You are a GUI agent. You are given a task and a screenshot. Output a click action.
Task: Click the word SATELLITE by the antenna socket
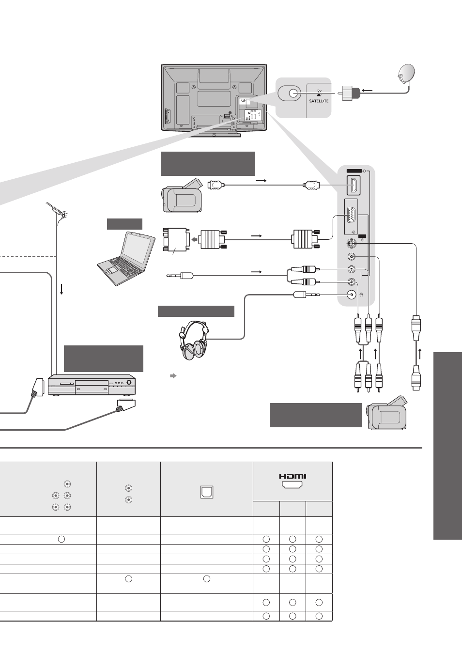click(319, 101)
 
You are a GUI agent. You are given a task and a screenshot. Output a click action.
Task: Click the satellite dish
click(406, 74)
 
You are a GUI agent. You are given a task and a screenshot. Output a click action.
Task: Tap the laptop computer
click(126, 259)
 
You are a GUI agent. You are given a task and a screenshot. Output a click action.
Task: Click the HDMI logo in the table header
click(293, 477)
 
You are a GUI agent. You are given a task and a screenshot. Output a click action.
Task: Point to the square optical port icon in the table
click(207, 492)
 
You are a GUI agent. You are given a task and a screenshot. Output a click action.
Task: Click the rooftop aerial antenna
click(58, 213)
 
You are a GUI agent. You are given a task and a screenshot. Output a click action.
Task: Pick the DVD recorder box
click(92, 385)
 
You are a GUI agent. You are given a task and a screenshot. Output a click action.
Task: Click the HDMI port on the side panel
click(354, 185)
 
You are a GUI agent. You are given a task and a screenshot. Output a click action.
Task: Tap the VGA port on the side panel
click(352, 218)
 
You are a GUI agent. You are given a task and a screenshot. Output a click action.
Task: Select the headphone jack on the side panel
click(352, 295)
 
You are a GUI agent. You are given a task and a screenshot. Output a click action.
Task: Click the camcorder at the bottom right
click(387, 413)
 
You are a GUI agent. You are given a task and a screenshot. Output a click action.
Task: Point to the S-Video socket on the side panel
click(352, 243)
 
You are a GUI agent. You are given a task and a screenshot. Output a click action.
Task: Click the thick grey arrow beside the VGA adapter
click(194, 239)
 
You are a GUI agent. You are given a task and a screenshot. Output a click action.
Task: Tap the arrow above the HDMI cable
click(261, 181)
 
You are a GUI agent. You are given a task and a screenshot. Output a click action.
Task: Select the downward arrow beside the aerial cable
click(62, 289)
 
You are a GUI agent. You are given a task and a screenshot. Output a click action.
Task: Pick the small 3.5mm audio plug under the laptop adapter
click(180, 275)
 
